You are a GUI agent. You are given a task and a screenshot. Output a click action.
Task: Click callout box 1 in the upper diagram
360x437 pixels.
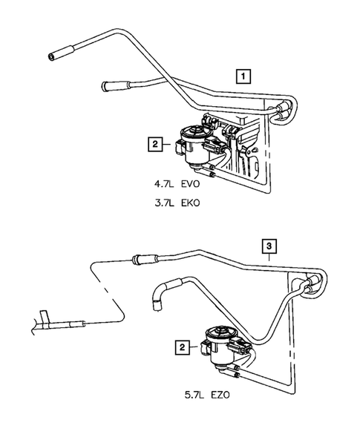tap(243, 74)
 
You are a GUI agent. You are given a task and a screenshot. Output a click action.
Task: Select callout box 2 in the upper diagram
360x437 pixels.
tap(154, 145)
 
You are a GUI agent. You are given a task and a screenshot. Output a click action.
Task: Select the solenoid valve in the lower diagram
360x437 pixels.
tap(221, 346)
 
